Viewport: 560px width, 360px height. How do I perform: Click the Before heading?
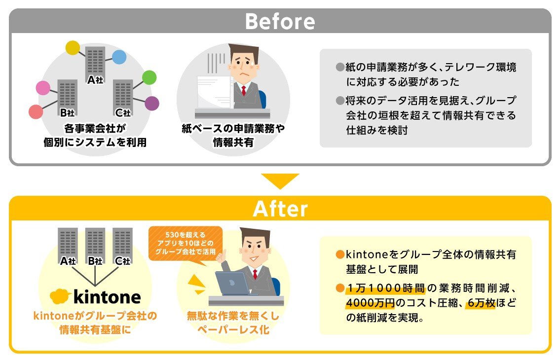pyautogui.click(x=280, y=21)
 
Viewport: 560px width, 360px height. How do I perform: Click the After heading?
pyautogui.click(x=280, y=209)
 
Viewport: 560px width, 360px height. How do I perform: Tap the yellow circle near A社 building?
pyautogui.click(x=73, y=48)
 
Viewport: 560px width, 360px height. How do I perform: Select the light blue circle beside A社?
pyautogui.click(x=119, y=57)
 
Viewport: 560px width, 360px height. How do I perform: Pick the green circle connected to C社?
pyautogui.click(x=149, y=77)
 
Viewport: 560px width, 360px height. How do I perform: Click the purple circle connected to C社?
pyautogui.click(x=152, y=104)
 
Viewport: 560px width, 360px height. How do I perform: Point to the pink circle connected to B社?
pyautogui.click(x=43, y=88)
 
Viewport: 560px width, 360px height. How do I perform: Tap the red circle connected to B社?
pyautogui.click(x=36, y=112)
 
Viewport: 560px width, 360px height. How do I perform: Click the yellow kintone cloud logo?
pyautogui.click(x=60, y=296)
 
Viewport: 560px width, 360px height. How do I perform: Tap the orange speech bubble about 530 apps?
pyautogui.click(x=186, y=244)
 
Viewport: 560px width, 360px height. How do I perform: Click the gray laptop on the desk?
pyautogui.click(x=233, y=284)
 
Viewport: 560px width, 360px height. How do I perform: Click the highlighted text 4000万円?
pyautogui.click(x=371, y=303)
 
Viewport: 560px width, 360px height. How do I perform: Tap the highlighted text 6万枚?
pyautogui.click(x=482, y=303)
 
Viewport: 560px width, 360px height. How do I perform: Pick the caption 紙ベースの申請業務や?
pyautogui.click(x=233, y=128)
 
